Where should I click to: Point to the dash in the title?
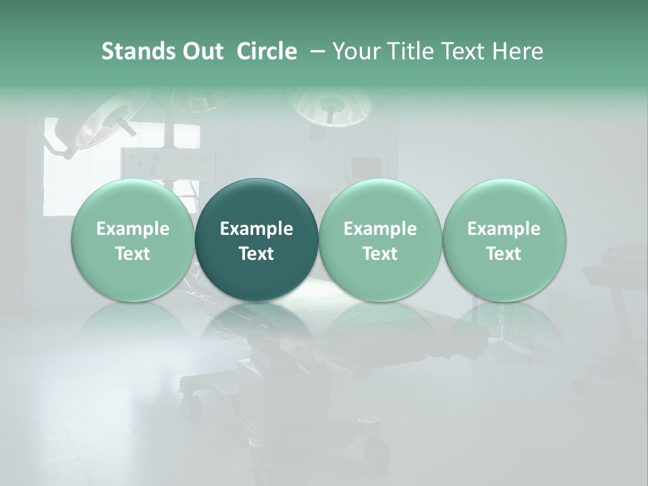coord(316,52)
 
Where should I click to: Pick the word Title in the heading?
coord(410,51)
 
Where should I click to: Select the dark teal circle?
coord(256,240)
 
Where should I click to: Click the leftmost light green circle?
coord(133,240)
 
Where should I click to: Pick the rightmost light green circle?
coord(504,240)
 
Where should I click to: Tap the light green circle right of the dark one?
coord(380,240)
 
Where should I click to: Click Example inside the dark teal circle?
coord(256,229)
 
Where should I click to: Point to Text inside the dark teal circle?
coord(256,254)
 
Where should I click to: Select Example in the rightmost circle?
coord(504,229)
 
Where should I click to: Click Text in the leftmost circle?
coord(133,254)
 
